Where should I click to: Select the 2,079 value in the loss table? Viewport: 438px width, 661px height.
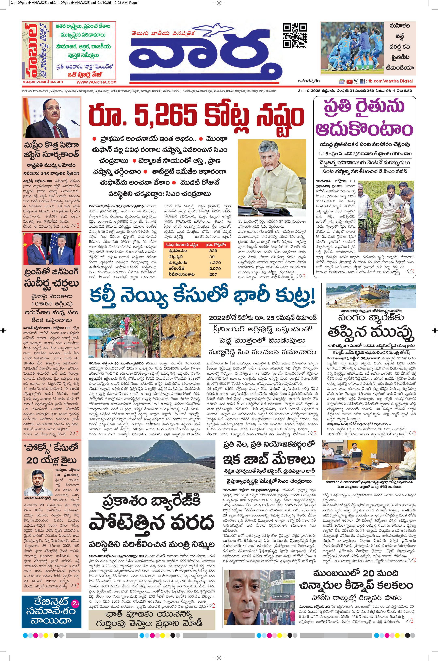pyautogui.click(x=215, y=268)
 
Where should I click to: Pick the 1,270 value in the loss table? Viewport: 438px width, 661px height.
pyautogui.click(x=215, y=262)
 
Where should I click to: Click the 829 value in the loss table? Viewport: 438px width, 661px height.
pyautogui.click(x=213, y=251)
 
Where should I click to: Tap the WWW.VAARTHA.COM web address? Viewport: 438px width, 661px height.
pyautogui.click(x=97, y=82)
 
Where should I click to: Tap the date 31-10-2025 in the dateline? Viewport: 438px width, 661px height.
pyautogui.click(x=309, y=91)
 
